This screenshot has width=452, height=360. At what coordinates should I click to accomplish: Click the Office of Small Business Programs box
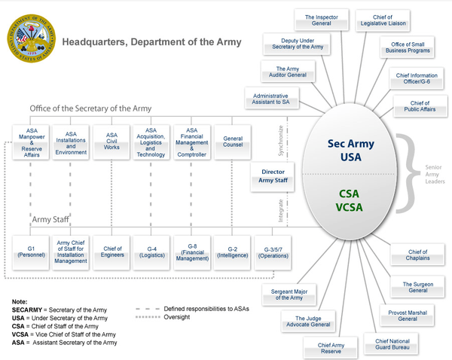(x=406, y=48)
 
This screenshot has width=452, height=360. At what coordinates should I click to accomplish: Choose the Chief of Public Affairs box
(x=420, y=107)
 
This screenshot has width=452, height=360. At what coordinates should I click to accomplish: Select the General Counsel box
(x=233, y=141)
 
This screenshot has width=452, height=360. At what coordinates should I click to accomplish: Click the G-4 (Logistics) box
(x=152, y=251)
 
